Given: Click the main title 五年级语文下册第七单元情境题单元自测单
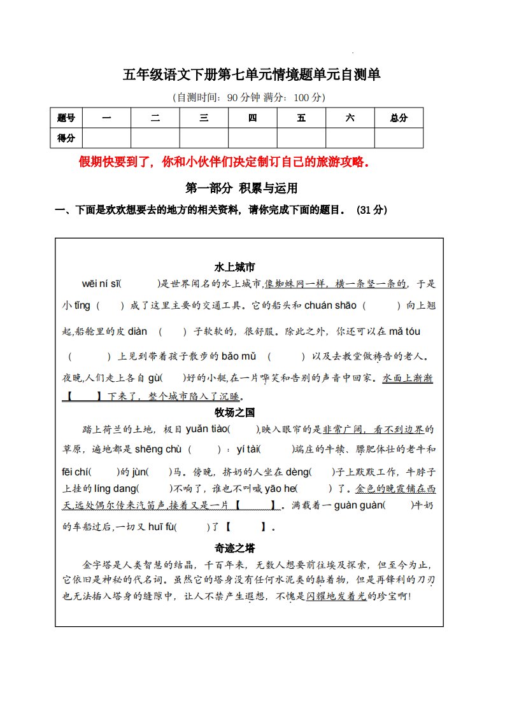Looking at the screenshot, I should [x=252, y=75].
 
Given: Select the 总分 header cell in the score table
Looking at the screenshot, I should [x=399, y=118].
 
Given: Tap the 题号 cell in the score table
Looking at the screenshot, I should [x=66, y=118].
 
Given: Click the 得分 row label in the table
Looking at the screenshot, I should [x=66, y=137].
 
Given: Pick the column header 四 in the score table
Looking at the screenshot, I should [x=252, y=118].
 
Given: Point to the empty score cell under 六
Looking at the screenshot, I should [x=350, y=137].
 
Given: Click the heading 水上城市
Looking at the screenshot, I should [x=235, y=267].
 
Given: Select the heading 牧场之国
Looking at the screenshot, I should [x=235, y=412].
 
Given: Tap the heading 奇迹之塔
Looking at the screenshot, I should [x=235, y=548].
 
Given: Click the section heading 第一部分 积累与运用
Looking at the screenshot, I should [x=241, y=188].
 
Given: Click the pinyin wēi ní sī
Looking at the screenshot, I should [x=101, y=284].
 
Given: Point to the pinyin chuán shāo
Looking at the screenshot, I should [x=331, y=305].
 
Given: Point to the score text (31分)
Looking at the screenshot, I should [x=373, y=210].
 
